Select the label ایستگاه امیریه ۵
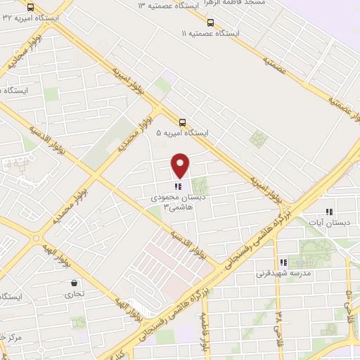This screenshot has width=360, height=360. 183,132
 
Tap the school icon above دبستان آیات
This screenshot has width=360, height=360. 328,211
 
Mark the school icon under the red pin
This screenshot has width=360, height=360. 179,187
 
